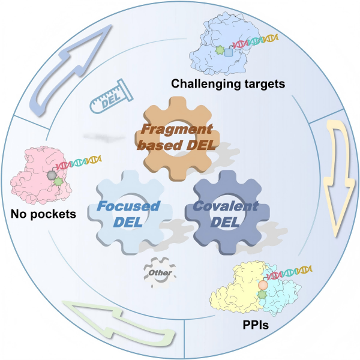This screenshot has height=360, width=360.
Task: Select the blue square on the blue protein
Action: (x=229, y=52)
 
